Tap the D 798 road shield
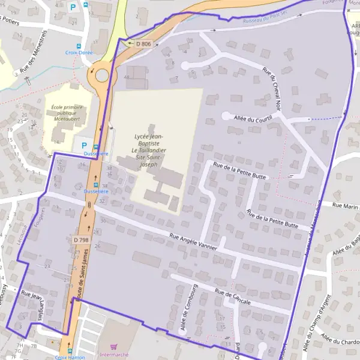coord(81,240)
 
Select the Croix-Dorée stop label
coord(79,53)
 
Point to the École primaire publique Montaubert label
coord(65,113)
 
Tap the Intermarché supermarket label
coord(113,355)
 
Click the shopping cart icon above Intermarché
coord(113,346)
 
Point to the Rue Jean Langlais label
coord(33,304)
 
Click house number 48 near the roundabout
coord(127,77)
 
